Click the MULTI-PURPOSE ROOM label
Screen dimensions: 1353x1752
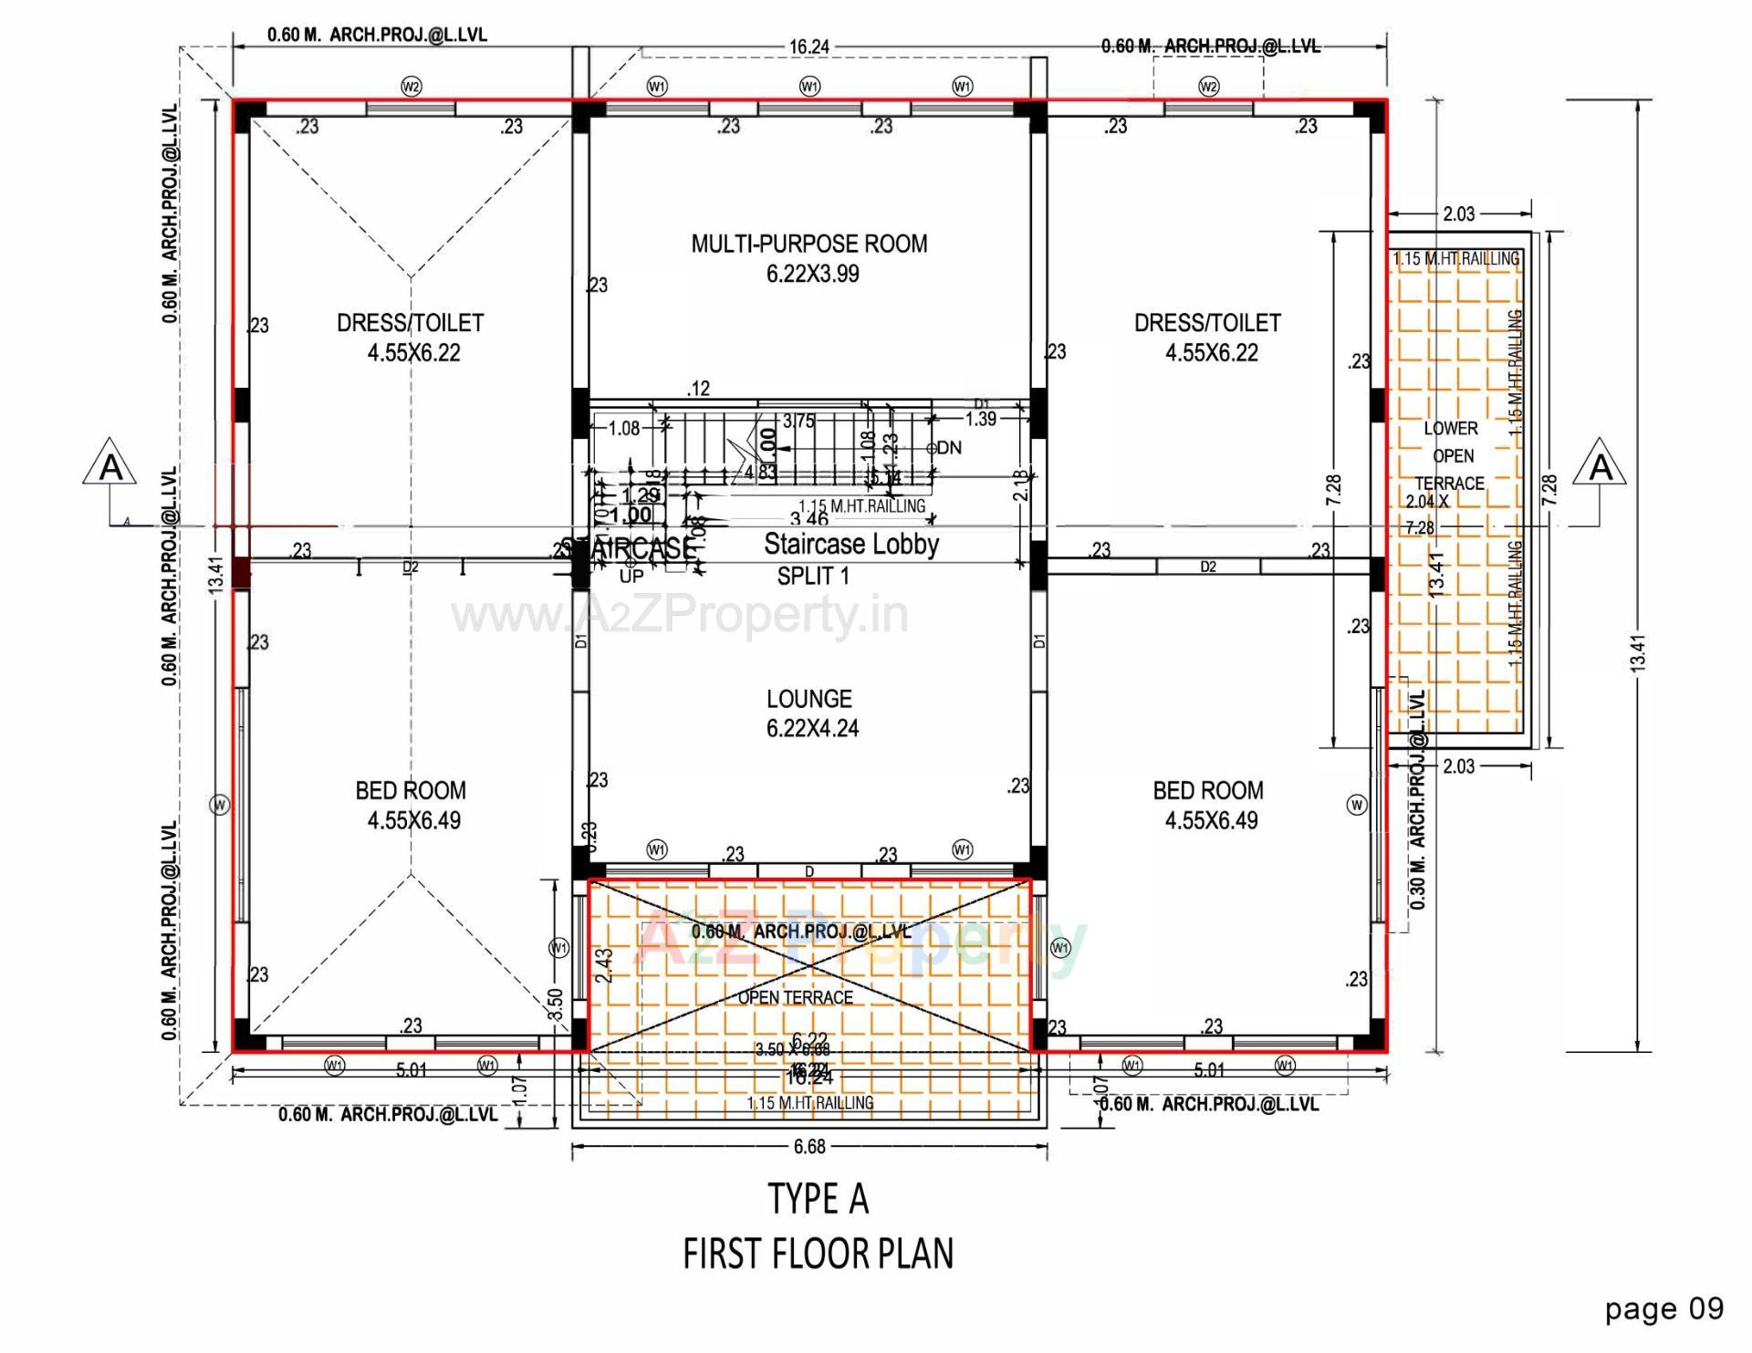(809, 258)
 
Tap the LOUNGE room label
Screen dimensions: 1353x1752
(810, 713)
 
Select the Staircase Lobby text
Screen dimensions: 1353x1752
(851, 545)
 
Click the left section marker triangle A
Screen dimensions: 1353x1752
(110, 465)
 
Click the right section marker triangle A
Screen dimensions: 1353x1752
(1601, 465)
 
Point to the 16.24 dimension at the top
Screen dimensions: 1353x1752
(809, 47)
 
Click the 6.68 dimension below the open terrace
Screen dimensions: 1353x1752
(809, 1146)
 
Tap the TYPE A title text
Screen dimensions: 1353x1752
(818, 1199)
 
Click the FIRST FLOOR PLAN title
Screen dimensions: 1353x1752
(818, 1254)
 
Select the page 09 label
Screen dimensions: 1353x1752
(1664, 1309)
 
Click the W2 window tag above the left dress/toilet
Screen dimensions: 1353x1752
(412, 87)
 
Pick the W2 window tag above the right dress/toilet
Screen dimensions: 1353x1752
(1208, 87)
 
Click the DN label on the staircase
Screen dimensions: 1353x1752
(949, 448)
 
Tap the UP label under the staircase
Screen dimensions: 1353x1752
(631, 577)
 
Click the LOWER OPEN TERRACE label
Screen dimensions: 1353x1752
(1451, 456)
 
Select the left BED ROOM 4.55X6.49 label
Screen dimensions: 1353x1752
(412, 805)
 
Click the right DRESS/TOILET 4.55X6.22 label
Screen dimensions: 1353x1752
(1208, 338)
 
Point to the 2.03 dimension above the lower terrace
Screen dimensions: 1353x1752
(1458, 213)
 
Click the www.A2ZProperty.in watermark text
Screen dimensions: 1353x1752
(680, 616)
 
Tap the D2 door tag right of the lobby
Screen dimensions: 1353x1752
(1208, 567)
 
